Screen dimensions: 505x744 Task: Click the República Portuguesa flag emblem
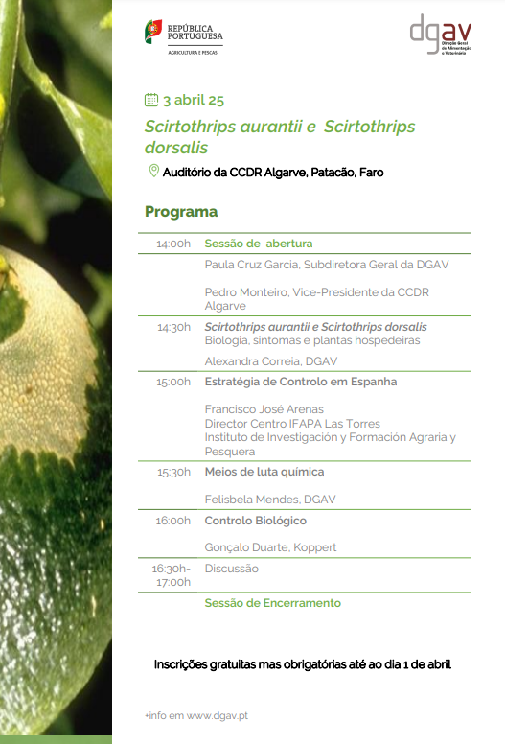pyautogui.click(x=153, y=32)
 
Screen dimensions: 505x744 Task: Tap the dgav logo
pyautogui.click(x=441, y=35)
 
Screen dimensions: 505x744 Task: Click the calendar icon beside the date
pyautogui.click(x=151, y=100)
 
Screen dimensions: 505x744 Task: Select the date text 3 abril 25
pyautogui.click(x=194, y=100)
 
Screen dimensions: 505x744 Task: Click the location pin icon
pyautogui.click(x=153, y=171)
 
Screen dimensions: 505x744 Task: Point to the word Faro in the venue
pyautogui.click(x=371, y=173)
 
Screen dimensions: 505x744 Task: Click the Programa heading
pyautogui.click(x=181, y=212)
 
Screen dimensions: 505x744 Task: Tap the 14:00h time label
pyautogui.click(x=173, y=244)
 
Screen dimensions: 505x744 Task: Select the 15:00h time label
pyautogui.click(x=173, y=382)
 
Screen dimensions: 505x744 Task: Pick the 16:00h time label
pyautogui.click(x=173, y=521)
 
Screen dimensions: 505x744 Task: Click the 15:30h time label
pyautogui.click(x=174, y=472)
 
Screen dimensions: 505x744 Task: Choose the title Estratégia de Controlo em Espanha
pyautogui.click(x=301, y=382)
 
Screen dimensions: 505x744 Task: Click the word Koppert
pyautogui.click(x=315, y=547)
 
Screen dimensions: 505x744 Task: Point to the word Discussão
pyautogui.click(x=231, y=569)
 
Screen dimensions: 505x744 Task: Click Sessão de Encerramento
pyautogui.click(x=273, y=603)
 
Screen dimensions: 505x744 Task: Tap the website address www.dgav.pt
pyautogui.click(x=218, y=715)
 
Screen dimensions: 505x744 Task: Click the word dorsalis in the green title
pyautogui.click(x=176, y=148)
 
